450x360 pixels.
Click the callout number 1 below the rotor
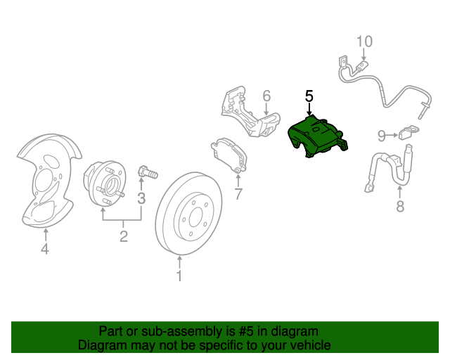coord(179,276)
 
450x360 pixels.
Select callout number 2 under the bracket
coord(124,236)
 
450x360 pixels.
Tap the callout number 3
coord(141,198)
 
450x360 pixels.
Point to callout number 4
coord(45,249)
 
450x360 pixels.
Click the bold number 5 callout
coord(309,96)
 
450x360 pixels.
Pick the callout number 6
coord(266,96)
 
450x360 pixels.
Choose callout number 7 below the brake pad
coord(238,194)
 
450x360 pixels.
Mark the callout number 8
coord(400,206)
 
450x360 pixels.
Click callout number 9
coord(381,136)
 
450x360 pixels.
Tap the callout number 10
coord(365,41)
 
